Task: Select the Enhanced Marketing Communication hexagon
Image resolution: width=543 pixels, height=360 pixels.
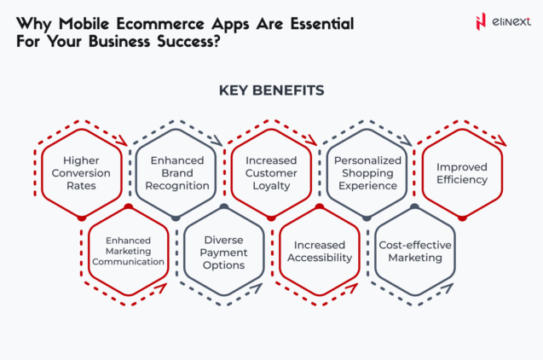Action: click(x=129, y=251)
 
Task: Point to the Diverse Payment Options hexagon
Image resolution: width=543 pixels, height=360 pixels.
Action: click(x=224, y=252)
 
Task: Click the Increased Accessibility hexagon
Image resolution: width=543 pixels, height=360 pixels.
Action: click(x=319, y=252)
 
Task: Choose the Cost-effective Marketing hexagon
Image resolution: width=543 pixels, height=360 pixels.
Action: click(x=414, y=252)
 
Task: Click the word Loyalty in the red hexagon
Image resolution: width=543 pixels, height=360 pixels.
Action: click(x=271, y=185)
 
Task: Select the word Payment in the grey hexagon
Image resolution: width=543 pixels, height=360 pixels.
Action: click(x=224, y=252)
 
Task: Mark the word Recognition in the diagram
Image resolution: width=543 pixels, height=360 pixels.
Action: click(x=176, y=185)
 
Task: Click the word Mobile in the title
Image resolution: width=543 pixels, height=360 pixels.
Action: click(x=83, y=19)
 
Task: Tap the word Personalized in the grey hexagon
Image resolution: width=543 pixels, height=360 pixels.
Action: click(x=367, y=160)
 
